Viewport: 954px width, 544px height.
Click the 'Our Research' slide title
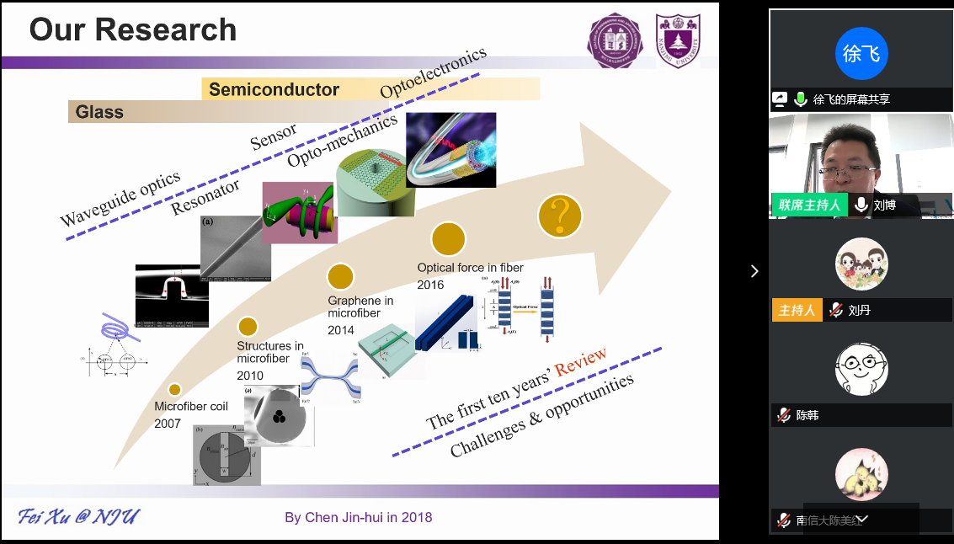point(133,30)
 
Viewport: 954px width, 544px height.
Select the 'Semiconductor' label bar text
point(274,89)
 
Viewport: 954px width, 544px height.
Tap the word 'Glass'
point(99,112)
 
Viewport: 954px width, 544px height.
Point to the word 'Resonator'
point(205,197)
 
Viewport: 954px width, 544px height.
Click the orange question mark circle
point(561,217)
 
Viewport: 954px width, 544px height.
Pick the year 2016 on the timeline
point(430,285)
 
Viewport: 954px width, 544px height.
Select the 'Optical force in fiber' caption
point(470,268)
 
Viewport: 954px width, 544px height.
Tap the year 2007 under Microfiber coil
point(168,424)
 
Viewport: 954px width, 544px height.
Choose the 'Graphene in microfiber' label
point(360,307)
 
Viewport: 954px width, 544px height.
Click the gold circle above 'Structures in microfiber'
point(248,327)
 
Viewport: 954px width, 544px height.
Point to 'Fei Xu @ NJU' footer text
point(79,516)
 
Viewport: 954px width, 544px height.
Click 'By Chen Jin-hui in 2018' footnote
point(358,517)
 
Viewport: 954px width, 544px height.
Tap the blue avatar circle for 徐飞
point(861,54)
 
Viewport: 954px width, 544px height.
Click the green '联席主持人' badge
point(808,205)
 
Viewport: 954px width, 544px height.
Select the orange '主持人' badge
point(797,310)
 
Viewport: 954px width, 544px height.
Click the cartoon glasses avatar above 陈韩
point(861,368)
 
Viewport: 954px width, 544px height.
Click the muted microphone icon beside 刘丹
point(835,310)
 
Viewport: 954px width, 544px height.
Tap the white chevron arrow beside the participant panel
point(754,270)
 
